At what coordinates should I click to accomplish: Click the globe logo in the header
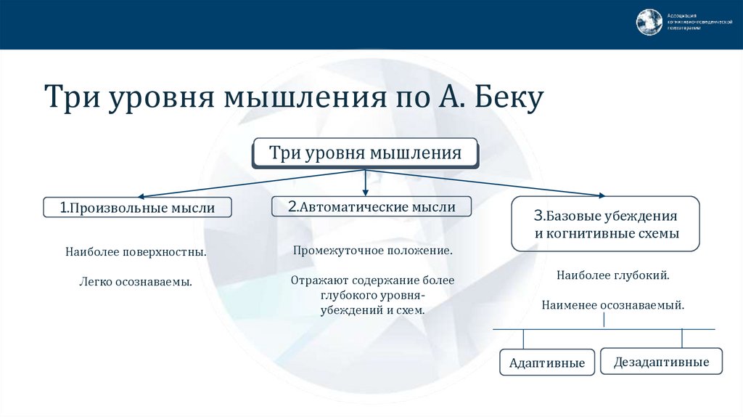[649, 22]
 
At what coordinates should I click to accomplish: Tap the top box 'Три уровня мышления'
[365, 153]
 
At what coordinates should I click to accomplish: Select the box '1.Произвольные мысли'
[138, 208]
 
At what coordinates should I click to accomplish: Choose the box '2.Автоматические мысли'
[371, 206]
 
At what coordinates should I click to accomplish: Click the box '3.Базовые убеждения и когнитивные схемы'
[606, 224]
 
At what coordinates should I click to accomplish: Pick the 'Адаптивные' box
[547, 363]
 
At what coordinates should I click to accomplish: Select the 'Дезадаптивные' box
[662, 361]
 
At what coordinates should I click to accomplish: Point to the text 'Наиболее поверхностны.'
[136, 253]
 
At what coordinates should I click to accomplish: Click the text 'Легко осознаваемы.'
[136, 280]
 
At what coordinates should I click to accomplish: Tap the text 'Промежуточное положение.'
[373, 251]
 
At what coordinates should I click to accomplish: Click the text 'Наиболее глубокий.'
[613, 276]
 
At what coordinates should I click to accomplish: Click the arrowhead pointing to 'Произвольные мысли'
[142, 196]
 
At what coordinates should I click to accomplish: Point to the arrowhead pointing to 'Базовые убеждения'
[601, 195]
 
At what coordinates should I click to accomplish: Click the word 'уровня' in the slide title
[161, 99]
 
